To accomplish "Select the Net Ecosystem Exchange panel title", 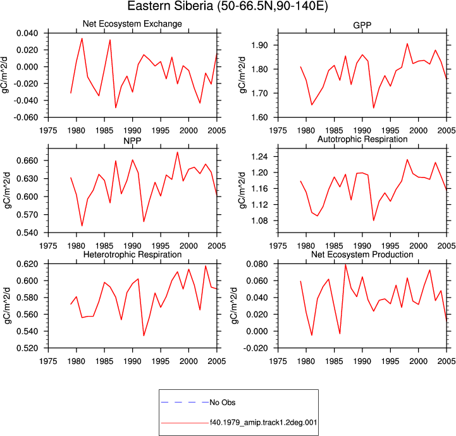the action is pyautogui.click(x=132, y=23).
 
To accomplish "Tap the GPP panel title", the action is pyautogui.click(x=362, y=25).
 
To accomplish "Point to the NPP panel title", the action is pyautogui.click(x=132, y=141).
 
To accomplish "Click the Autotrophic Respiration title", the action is pyautogui.click(x=362, y=139).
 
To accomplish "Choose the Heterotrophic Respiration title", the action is pyautogui.click(x=132, y=255).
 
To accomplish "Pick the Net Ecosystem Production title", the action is pyautogui.click(x=362, y=255).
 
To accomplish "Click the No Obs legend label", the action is pyautogui.click(x=223, y=403).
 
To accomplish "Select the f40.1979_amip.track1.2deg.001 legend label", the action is pyautogui.click(x=264, y=422).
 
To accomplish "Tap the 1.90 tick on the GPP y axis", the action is pyautogui.click(x=259, y=45).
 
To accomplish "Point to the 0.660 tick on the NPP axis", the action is pyautogui.click(x=27, y=160).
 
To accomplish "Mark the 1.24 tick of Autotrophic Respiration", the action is pyautogui.click(x=259, y=157).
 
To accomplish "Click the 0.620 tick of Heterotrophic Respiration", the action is pyautogui.click(x=27, y=264).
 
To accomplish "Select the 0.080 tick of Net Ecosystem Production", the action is pyautogui.click(x=257, y=264).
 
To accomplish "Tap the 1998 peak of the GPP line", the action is pyautogui.click(x=407, y=44).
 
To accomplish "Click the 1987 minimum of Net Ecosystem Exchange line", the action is pyautogui.click(x=116, y=108).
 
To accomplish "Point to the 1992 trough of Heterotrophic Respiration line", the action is pyautogui.click(x=144, y=336).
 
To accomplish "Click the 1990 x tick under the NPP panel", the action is pyautogui.click(x=132, y=246).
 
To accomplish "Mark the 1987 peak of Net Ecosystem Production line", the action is pyautogui.click(x=345, y=265).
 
